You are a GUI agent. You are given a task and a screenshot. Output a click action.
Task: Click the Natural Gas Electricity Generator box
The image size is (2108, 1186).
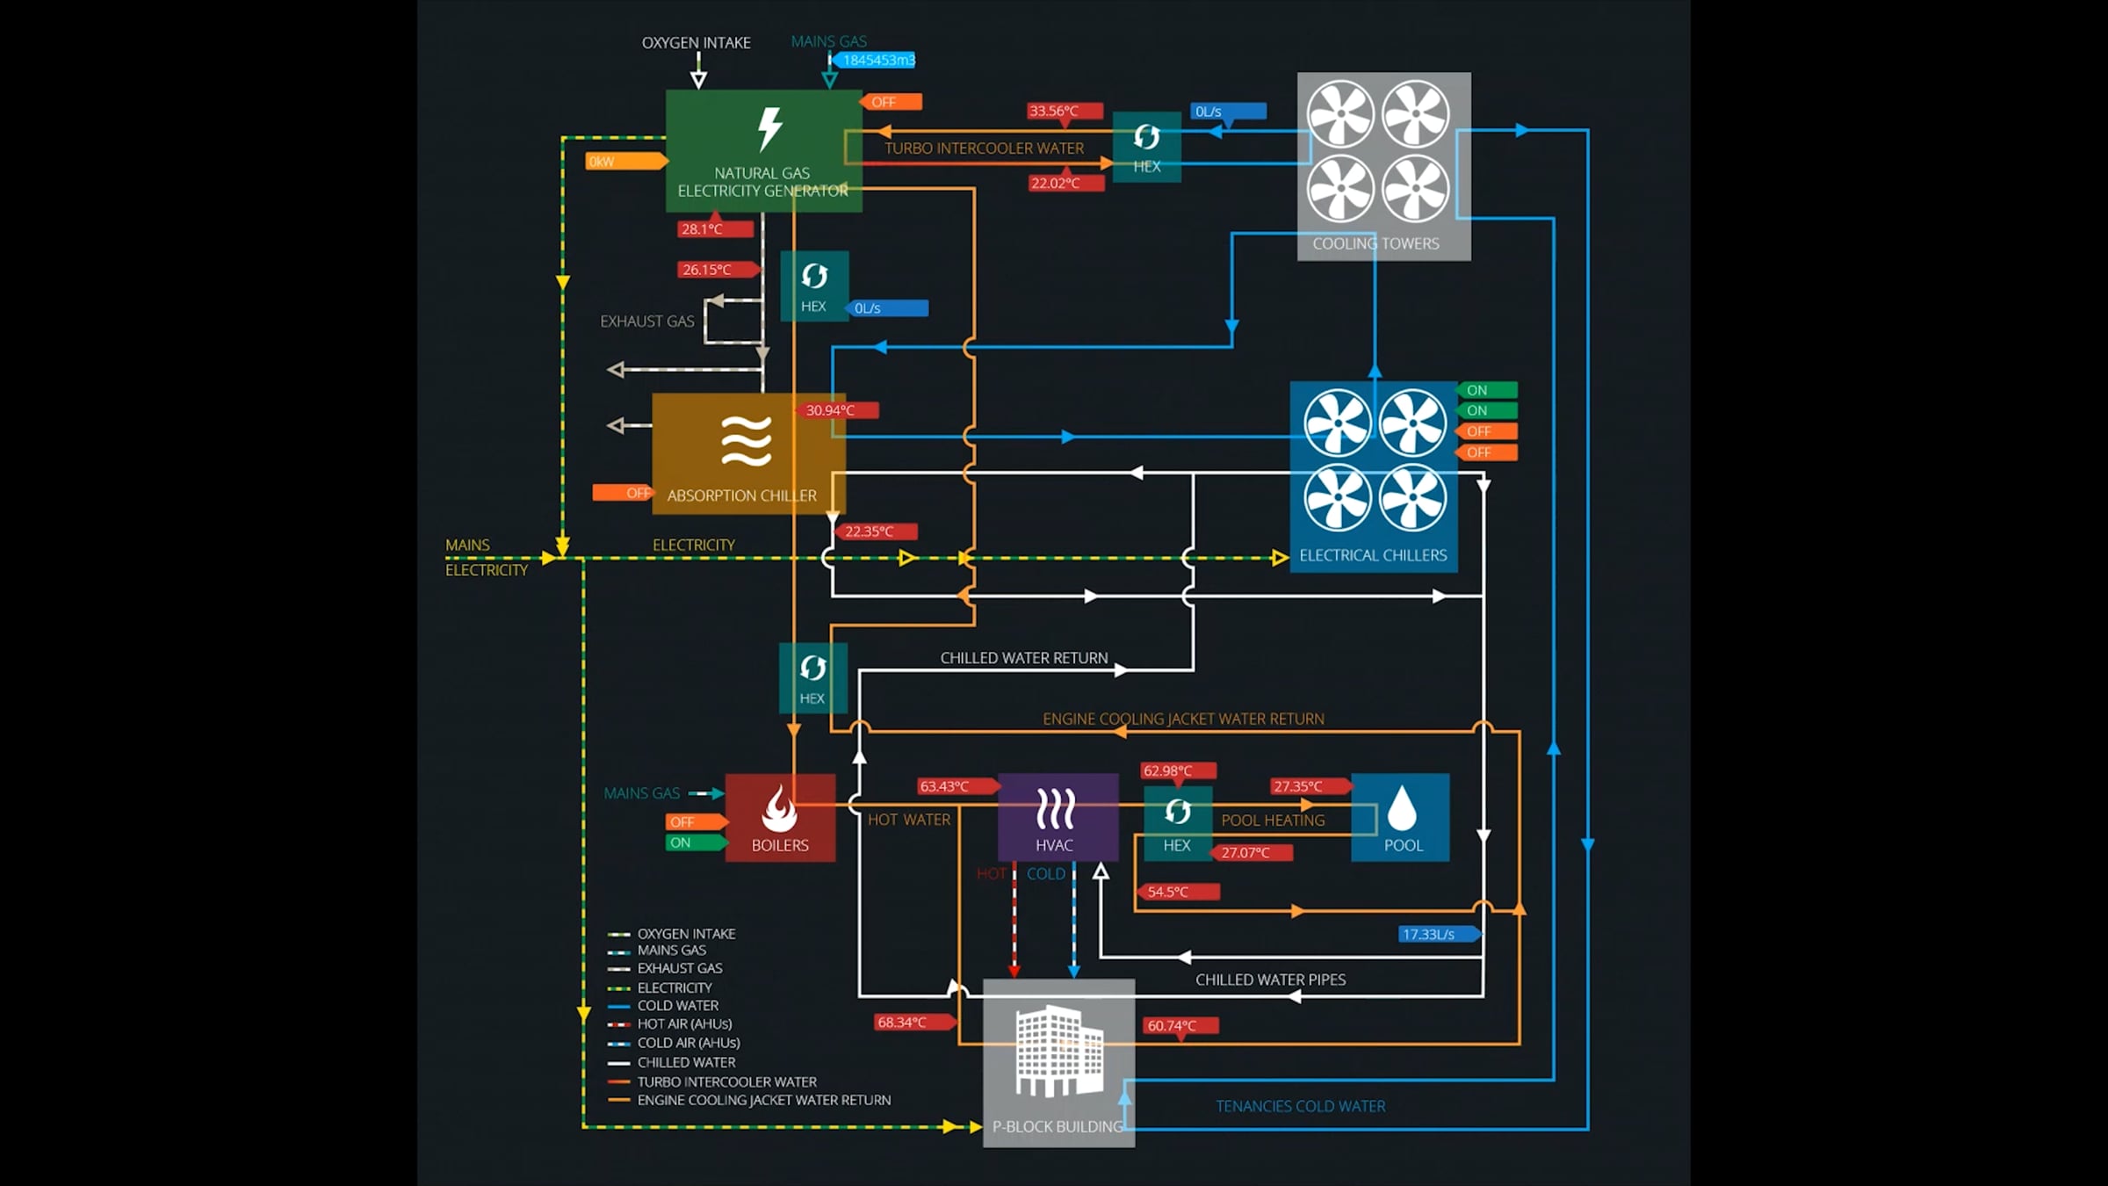point(762,150)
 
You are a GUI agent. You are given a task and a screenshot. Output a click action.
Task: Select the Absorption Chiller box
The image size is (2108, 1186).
point(748,453)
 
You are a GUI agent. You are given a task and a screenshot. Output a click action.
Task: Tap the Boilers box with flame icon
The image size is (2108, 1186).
point(780,817)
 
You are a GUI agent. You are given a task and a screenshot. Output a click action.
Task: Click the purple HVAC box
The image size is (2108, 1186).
point(1058,817)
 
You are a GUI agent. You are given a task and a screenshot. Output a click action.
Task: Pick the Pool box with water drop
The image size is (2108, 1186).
point(1400,817)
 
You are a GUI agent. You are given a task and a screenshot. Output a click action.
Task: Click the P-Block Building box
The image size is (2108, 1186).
point(1058,1062)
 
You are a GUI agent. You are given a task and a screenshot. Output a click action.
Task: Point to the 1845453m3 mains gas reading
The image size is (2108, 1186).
point(877,60)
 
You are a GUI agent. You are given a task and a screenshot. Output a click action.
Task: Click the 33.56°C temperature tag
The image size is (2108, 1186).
point(1063,111)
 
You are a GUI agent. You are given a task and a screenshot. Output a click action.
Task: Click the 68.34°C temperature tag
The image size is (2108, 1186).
point(912,1022)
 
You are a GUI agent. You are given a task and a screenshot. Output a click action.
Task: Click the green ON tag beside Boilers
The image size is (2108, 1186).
point(694,842)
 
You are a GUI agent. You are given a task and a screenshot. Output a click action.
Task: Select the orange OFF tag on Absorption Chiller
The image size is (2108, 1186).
point(624,493)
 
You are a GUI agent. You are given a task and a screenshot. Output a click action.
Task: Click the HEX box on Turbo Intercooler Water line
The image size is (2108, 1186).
point(1146,147)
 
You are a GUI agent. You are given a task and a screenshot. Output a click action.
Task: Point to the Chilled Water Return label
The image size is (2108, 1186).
point(1024,658)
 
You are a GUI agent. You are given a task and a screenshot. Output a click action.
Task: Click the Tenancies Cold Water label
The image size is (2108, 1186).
point(1300,1106)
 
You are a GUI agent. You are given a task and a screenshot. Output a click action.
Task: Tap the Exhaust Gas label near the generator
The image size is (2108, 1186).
point(646,322)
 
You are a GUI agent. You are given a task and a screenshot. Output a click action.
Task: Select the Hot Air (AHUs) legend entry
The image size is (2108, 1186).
point(683,1023)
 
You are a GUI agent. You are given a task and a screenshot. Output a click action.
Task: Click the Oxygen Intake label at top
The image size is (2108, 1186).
point(696,42)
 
